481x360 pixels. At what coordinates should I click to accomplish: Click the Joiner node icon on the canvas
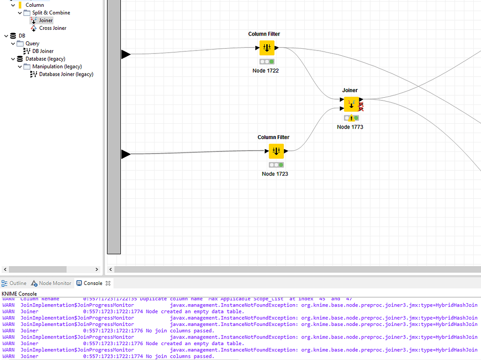pyautogui.click(x=351, y=104)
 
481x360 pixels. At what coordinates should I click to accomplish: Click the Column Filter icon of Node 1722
pyautogui.click(x=267, y=48)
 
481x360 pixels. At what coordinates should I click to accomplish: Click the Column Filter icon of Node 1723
pyautogui.click(x=276, y=151)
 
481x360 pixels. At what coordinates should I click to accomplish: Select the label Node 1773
pyautogui.click(x=350, y=127)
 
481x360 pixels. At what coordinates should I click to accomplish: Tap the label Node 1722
pyautogui.click(x=265, y=71)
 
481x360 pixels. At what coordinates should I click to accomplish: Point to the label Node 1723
pyautogui.click(x=275, y=174)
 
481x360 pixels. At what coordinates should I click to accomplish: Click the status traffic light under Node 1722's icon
pyautogui.click(x=267, y=62)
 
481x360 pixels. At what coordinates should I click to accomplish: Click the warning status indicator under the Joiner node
pyautogui.click(x=351, y=118)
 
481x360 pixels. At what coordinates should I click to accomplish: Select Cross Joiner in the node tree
pyautogui.click(x=52, y=28)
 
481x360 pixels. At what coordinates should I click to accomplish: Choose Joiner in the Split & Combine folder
pyautogui.click(x=46, y=20)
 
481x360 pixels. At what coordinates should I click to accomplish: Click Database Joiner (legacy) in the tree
pyautogui.click(x=66, y=74)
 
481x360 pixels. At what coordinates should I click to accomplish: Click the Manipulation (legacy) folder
pyautogui.click(x=57, y=66)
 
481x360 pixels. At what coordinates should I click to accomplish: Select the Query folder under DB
pyautogui.click(x=32, y=43)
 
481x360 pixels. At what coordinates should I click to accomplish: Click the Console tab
pyautogui.click(x=92, y=283)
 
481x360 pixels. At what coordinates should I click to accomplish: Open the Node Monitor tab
pyautogui.click(x=55, y=283)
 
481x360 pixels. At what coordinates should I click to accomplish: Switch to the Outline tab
pyautogui.click(x=18, y=283)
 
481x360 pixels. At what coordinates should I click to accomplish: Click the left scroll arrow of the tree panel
pyautogui.click(x=5, y=270)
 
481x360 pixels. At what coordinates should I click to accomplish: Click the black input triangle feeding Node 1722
pyautogui.click(x=126, y=54)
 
